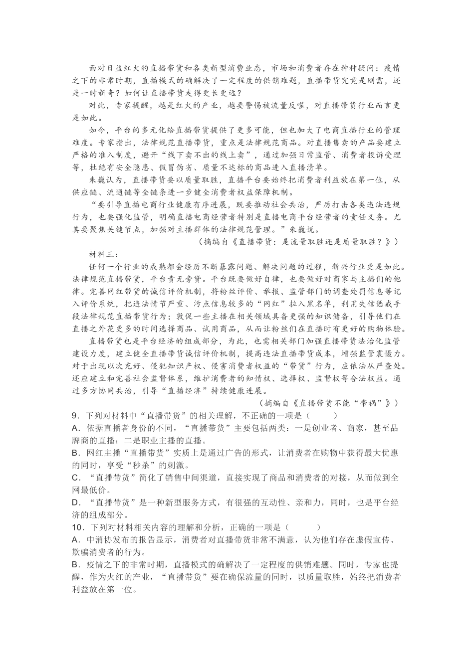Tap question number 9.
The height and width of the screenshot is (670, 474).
click(76, 416)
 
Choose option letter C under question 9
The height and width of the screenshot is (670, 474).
click(76, 478)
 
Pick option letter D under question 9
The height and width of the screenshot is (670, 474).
click(76, 503)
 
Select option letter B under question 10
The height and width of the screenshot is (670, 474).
click(76, 565)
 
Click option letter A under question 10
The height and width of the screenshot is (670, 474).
click(76, 540)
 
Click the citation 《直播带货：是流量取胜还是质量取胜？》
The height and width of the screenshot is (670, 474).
click(311, 242)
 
